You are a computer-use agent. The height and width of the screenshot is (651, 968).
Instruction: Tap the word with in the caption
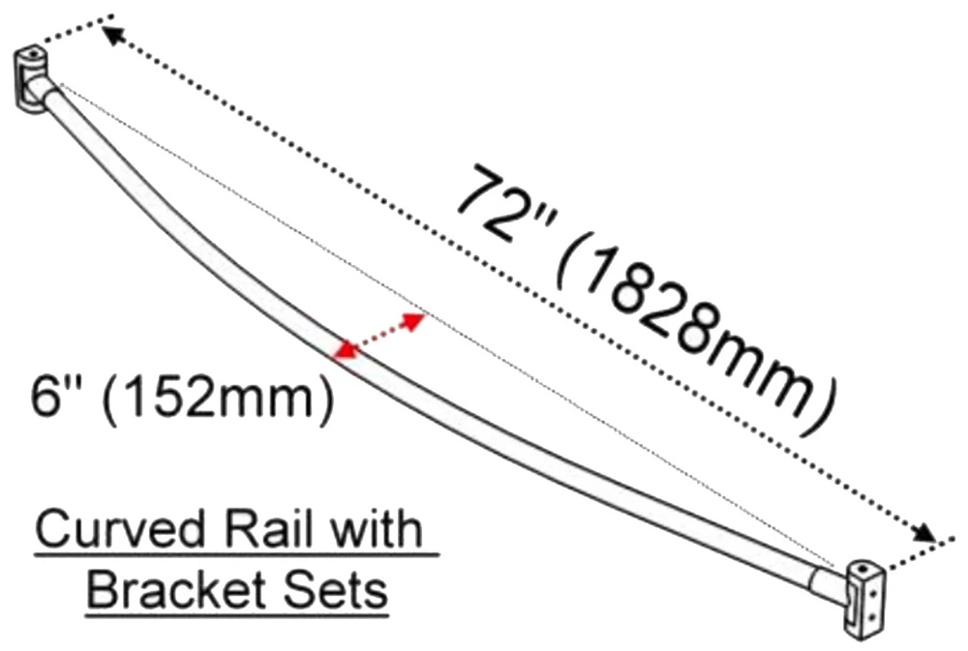pos(386,530)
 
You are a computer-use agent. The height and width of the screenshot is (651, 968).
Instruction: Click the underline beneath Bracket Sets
pos(237,611)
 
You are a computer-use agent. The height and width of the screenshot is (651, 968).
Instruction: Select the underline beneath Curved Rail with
pos(237,554)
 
